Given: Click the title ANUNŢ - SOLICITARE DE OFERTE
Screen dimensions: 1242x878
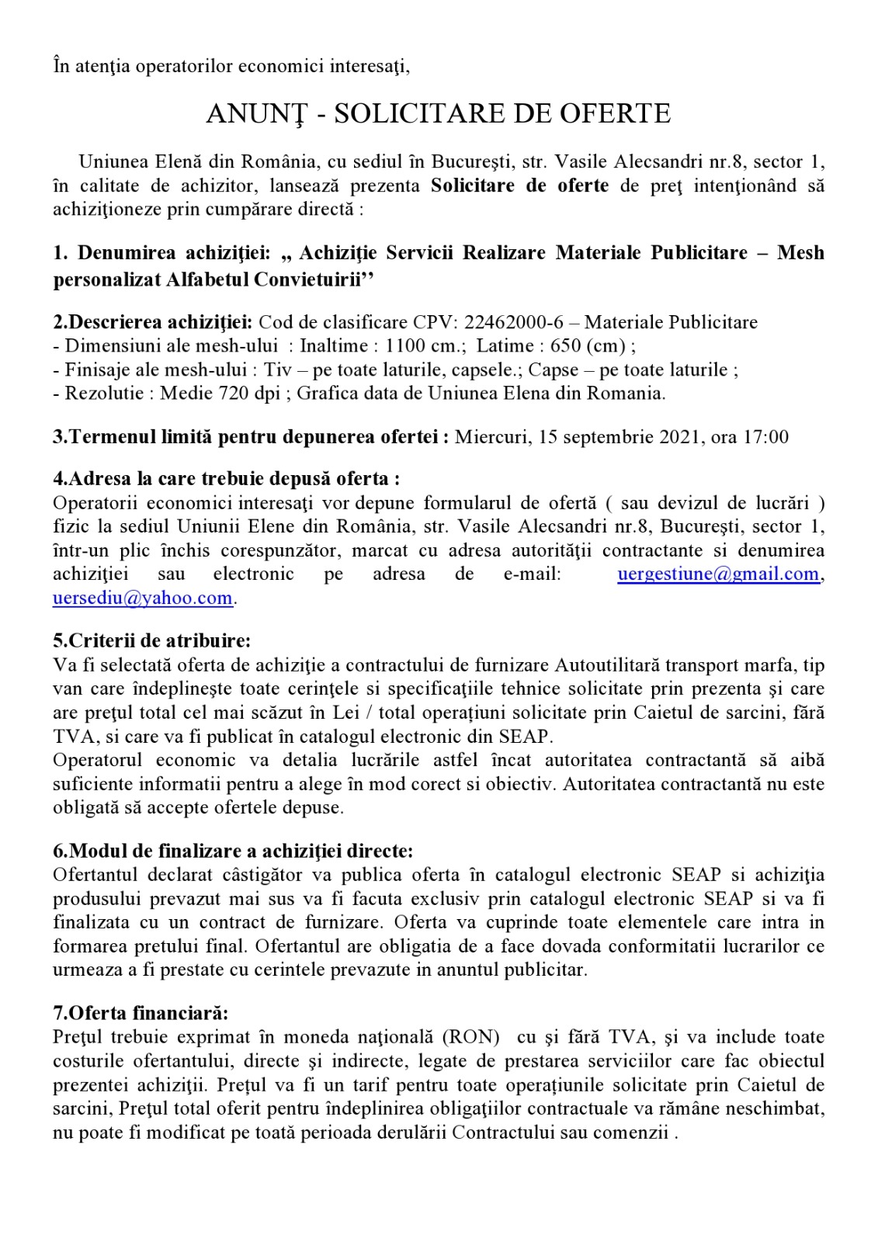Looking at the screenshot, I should tap(439, 114).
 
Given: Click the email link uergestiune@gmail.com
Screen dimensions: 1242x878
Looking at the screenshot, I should tap(718, 574).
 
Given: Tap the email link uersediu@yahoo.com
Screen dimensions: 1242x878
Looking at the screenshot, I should tap(143, 598).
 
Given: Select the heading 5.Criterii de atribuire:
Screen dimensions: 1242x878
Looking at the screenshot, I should tap(152, 641).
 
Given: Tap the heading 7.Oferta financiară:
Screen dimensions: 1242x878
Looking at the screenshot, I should tap(141, 1013).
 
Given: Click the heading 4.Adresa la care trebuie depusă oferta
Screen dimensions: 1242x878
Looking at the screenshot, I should tap(226, 479).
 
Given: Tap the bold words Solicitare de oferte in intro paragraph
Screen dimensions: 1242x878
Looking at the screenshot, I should tap(519, 186).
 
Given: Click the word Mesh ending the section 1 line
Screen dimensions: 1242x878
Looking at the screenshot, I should tap(800, 253).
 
